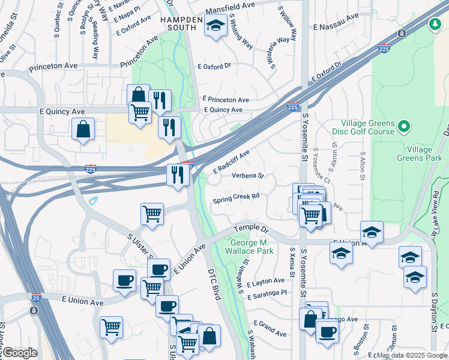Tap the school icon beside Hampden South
[215, 26]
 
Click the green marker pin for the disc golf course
[404, 127]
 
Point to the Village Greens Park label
[419, 153]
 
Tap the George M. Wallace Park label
[252, 247]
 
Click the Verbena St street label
[248, 176]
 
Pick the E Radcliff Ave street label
[231, 160]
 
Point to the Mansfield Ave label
[231, 11]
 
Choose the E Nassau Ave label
[335, 27]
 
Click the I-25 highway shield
[36, 297]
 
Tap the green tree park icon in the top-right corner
[434, 24]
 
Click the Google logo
[20, 353]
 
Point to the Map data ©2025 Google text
[412, 355]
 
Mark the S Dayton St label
[433, 312]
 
